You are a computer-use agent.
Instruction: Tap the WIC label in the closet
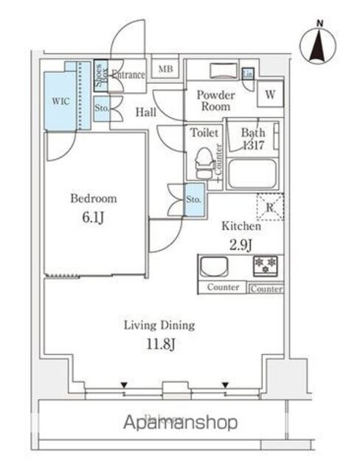coord(60,102)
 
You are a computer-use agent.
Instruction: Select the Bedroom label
coord(93,198)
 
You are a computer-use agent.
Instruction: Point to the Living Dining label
coord(159,324)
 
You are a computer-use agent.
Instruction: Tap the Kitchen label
coord(240,227)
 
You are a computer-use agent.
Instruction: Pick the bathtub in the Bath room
coord(252,174)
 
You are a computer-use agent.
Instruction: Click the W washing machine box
coord(270,95)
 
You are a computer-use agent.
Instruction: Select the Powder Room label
coord(215,101)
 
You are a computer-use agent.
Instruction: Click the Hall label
coord(145,112)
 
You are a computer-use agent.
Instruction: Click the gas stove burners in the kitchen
coord(267,267)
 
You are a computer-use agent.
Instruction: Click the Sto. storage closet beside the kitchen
coord(193,199)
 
